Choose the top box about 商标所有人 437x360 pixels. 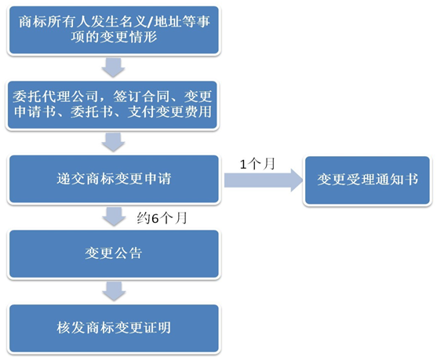click(114, 29)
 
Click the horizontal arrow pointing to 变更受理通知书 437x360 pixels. click(263, 181)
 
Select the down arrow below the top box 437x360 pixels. click(114, 67)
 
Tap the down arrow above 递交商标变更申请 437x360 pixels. click(114, 142)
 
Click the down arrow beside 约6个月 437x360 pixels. click(114, 217)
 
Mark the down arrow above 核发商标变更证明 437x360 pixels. click(114, 291)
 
